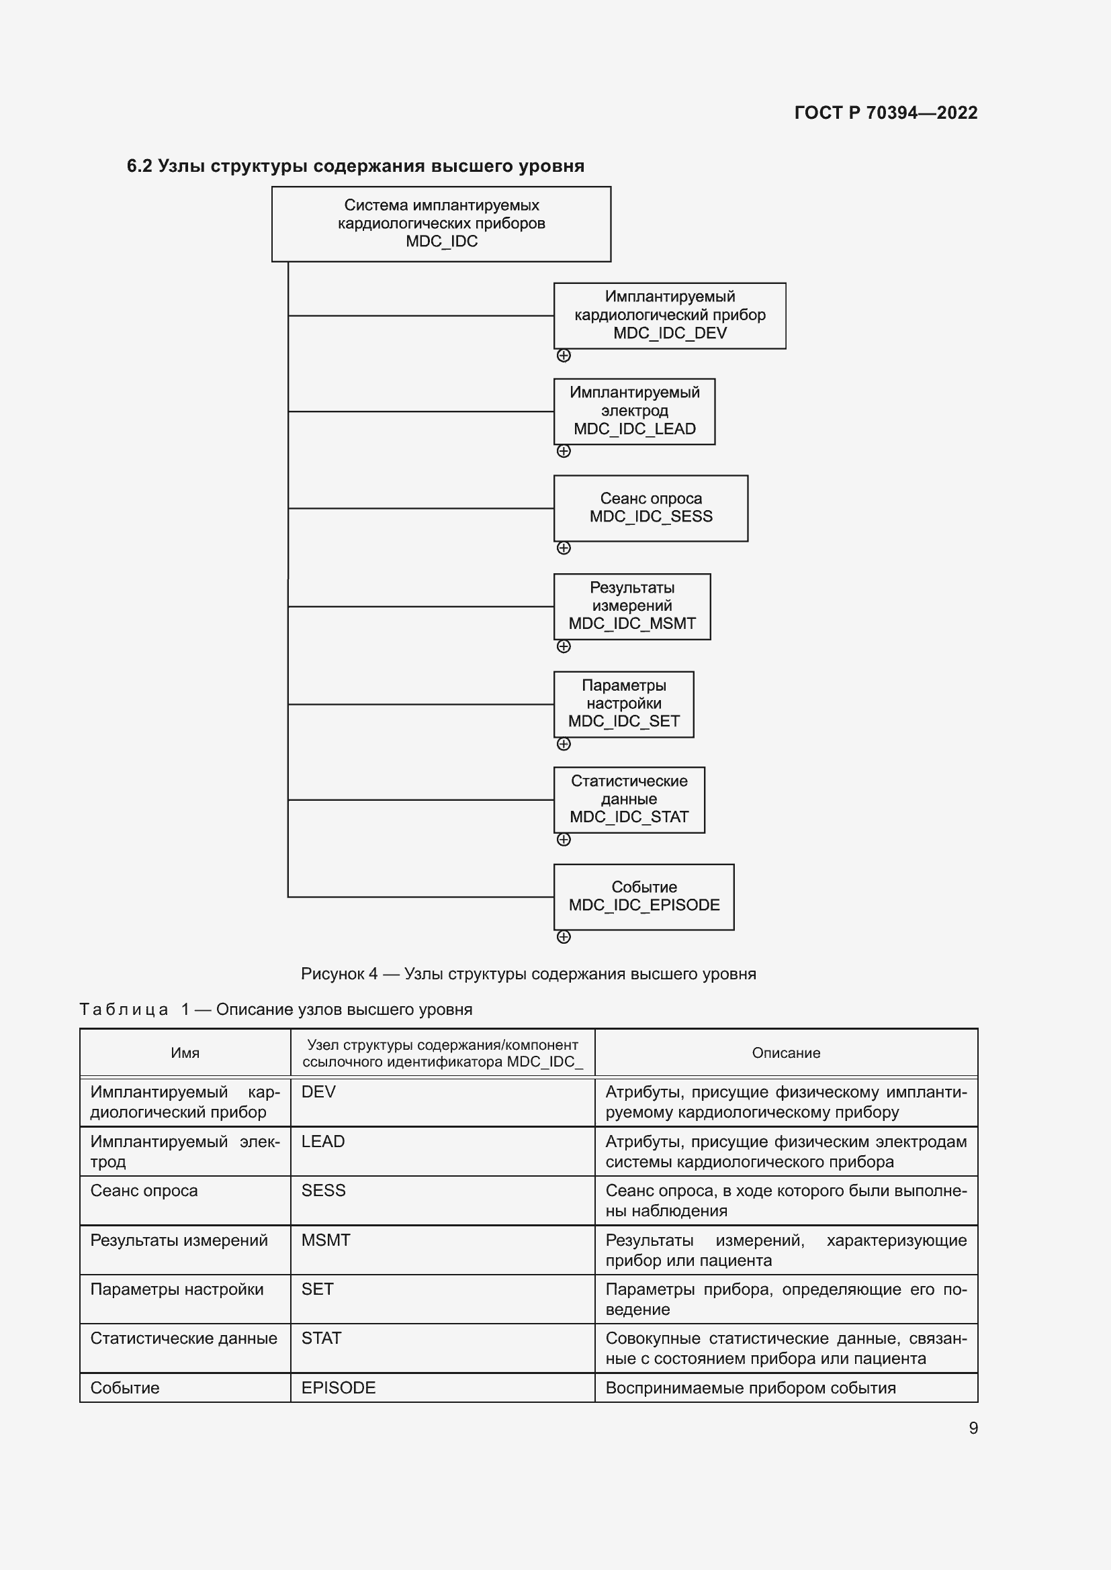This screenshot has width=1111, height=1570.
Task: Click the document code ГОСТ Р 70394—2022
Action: pyautogui.click(x=885, y=113)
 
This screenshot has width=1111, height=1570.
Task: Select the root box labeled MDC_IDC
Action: pyautogui.click(x=441, y=224)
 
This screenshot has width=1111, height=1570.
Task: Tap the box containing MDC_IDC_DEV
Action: pyautogui.click(x=669, y=315)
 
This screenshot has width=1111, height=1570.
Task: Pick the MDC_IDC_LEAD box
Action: pyautogui.click(x=634, y=411)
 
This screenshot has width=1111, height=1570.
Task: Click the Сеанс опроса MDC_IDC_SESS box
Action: pyautogui.click(x=651, y=508)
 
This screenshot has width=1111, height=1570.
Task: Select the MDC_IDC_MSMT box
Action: pyautogui.click(x=631, y=606)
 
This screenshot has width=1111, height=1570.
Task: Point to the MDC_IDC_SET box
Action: pyautogui.click(x=623, y=703)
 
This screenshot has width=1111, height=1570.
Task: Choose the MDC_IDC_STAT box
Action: pyautogui.click(x=629, y=799)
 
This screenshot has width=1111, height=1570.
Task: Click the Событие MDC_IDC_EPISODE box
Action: pyautogui.click(x=643, y=897)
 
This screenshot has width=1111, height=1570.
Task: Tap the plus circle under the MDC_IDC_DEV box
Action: pyautogui.click(x=564, y=356)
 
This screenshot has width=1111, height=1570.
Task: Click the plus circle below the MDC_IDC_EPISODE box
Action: pyautogui.click(x=564, y=937)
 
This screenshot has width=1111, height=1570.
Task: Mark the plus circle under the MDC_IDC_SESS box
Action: pyautogui.click(x=564, y=548)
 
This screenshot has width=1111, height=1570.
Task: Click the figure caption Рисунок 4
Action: pyautogui.click(x=528, y=974)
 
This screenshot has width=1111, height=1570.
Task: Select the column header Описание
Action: pyautogui.click(x=785, y=1053)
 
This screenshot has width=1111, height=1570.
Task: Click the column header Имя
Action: pyautogui.click(x=185, y=1053)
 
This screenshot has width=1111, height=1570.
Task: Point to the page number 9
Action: pyautogui.click(x=973, y=1428)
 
